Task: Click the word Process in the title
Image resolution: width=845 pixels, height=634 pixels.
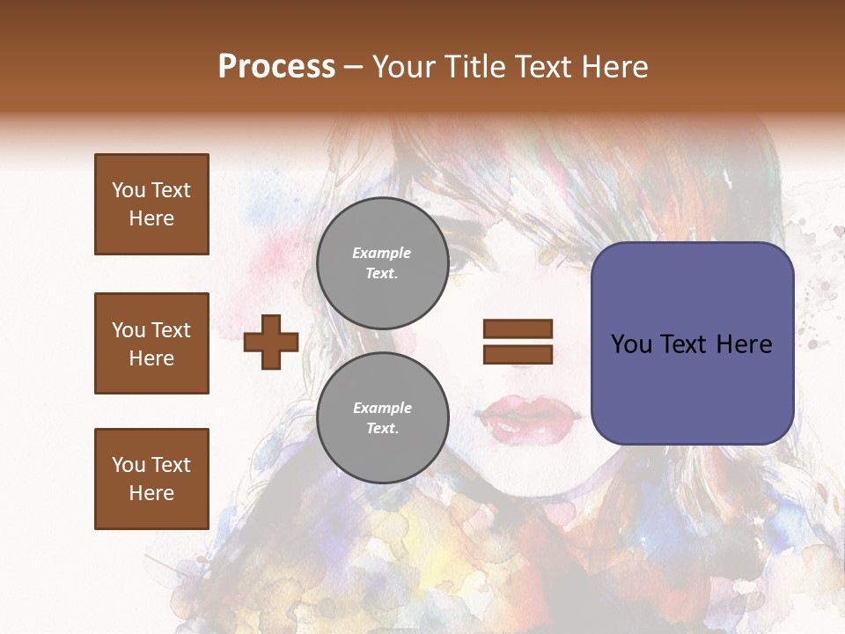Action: coord(276,67)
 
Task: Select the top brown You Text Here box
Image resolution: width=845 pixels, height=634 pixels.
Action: coord(151,204)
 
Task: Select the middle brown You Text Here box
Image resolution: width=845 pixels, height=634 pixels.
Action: coord(151,343)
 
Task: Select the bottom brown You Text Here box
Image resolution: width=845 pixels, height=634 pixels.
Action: coord(151,479)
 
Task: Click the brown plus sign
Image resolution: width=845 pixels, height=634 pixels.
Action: coord(270,342)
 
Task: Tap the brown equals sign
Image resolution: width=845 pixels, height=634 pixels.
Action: coord(518,342)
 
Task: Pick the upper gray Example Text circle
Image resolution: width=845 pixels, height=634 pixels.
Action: coord(382,262)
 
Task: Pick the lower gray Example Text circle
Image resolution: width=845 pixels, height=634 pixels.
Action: coord(382,417)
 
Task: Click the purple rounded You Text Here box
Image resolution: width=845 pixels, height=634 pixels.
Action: coord(692,343)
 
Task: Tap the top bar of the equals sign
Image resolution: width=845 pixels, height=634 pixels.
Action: coord(518,329)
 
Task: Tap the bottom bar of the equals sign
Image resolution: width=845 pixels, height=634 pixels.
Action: coord(518,354)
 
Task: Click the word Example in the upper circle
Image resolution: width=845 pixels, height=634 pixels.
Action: coord(382,253)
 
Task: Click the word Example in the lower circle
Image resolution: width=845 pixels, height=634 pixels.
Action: coord(382,408)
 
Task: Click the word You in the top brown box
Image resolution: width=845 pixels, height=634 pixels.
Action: coord(127,190)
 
